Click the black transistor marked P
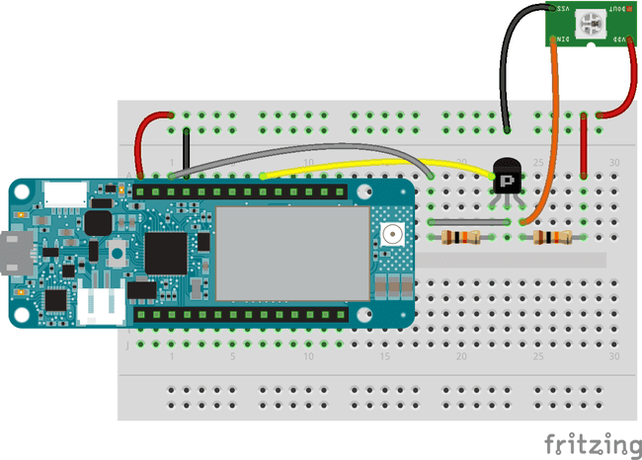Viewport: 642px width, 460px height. tap(506, 179)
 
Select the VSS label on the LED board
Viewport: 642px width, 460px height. tap(564, 8)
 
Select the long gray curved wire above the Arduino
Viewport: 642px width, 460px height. tap(296, 151)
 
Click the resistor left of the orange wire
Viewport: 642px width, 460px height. tap(461, 237)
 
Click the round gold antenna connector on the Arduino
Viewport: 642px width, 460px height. tap(392, 235)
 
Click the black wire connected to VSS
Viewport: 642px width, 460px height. tap(506, 59)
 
